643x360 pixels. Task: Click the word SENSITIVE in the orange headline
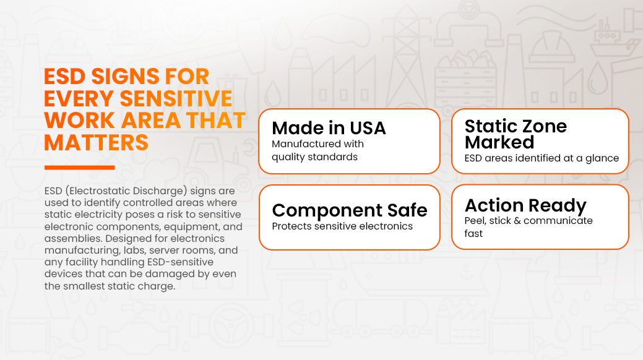[x=176, y=99]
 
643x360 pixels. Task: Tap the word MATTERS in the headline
[x=96, y=143]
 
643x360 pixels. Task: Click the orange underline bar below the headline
[x=80, y=167]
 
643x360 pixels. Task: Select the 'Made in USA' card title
[x=329, y=128]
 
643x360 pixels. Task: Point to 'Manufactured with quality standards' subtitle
[x=318, y=150]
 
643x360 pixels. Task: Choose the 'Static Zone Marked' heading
[x=516, y=134]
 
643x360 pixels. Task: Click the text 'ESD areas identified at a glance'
[x=542, y=158]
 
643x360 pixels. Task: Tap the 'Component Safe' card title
[x=350, y=210]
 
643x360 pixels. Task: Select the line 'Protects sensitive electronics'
[x=342, y=226]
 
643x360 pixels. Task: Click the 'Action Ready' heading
[x=525, y=205]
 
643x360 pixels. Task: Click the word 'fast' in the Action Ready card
[x=473, y=233]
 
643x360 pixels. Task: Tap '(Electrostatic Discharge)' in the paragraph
[x=126, y=191]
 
